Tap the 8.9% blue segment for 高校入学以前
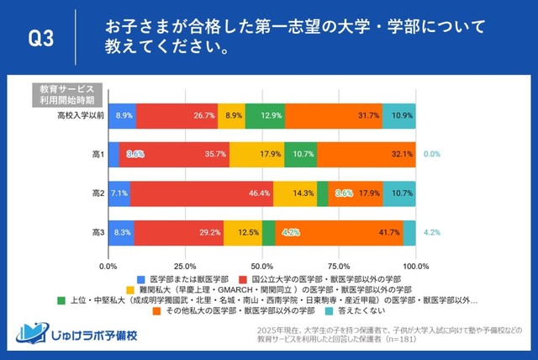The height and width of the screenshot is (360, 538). [x=123, y=114]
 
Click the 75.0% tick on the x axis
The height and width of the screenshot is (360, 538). [x=340, y=266]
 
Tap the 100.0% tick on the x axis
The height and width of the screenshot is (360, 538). [x=415, y=266]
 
